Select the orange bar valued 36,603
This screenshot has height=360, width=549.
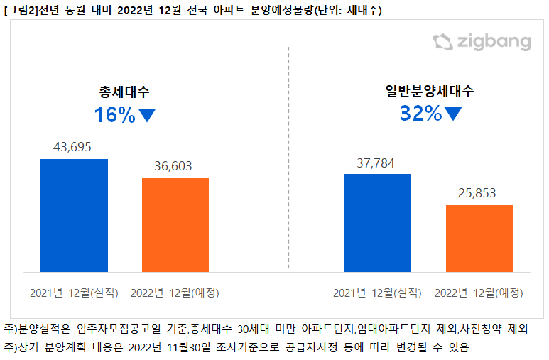(x=175, y=224)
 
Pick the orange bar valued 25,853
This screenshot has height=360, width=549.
(x=479, y=238)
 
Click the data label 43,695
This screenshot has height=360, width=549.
(x=74, y=147)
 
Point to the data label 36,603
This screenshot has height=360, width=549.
(x=175, y=165)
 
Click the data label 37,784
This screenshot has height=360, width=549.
(x=378, y=162)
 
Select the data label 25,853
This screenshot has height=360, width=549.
(x=479, y=193)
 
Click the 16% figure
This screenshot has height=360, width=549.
(x=114, y=115)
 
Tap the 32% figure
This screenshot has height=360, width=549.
(x=420, y=113)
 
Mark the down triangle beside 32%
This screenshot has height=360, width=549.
(x=453, y=114)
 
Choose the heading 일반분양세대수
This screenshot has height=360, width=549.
(x=430, y=91)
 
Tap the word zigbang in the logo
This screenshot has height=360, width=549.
(x=494, y=43)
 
